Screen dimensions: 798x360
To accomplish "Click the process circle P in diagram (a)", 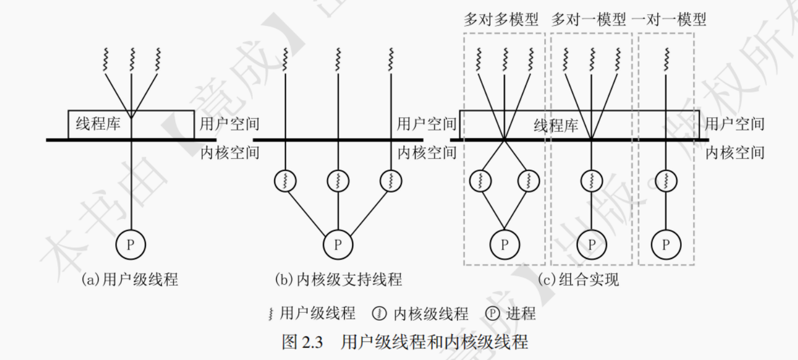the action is point(131,244).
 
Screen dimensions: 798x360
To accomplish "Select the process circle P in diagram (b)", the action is point(338,244).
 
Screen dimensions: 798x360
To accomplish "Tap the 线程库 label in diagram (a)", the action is point(98,124).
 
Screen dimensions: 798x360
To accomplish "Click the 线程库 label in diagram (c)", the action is point(556,125).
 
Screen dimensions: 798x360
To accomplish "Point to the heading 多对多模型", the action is point(501,20).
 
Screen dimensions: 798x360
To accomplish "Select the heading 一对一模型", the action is point(669,20).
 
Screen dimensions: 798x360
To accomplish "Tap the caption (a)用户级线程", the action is point(130,279).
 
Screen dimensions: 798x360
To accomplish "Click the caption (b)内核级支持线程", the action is point(338,279).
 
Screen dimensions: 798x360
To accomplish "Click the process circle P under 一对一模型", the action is point(666,244).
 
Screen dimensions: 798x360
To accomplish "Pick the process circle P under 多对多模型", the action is point(504,244).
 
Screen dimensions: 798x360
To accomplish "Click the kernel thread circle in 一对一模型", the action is point(666,181).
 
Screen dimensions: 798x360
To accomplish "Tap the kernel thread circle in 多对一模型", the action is point(591,181).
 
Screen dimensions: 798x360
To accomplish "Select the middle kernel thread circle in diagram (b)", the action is point(338,181).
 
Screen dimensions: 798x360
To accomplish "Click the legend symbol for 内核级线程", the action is point(380,313).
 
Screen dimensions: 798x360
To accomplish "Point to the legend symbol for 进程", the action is point(493,313).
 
